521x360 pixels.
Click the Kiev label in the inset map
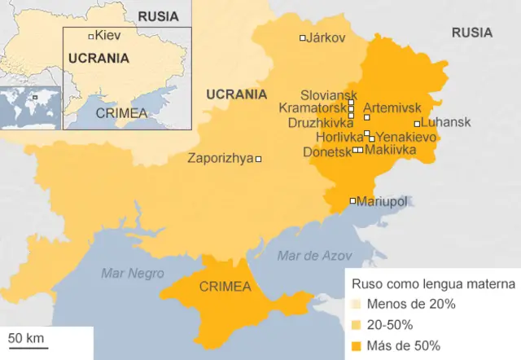[x=107, y=35]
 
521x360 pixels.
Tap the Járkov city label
[x=326, y=37]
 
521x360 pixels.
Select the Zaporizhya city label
[x=221, y=159]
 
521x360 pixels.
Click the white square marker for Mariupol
[x=352, y=200]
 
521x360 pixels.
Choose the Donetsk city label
[x=327, y=151]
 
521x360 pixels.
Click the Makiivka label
[x=390, y=150]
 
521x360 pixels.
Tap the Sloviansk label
[x=329, y=95]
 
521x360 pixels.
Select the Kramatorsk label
[x=313, y=108]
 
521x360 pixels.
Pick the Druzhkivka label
[x=321, y=122]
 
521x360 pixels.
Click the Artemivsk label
[x=393, y=107]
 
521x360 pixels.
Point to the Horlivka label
[x=338, y=137]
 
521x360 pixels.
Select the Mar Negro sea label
[x=132, y=273]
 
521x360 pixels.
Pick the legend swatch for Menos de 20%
[x=357, y=305]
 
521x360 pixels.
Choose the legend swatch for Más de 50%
[x=357, y=345]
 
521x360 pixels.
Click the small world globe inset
[x=30, y=107]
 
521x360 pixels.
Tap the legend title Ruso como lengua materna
[x=432, y=284]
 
